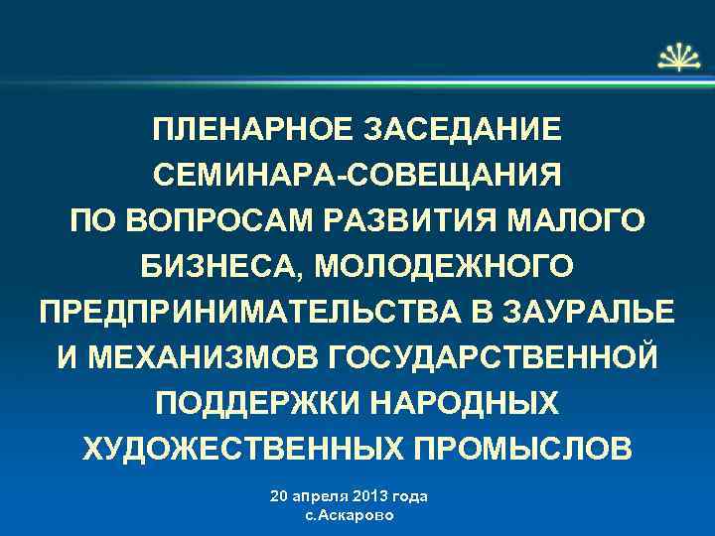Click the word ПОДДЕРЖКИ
click(x=244, y=402)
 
